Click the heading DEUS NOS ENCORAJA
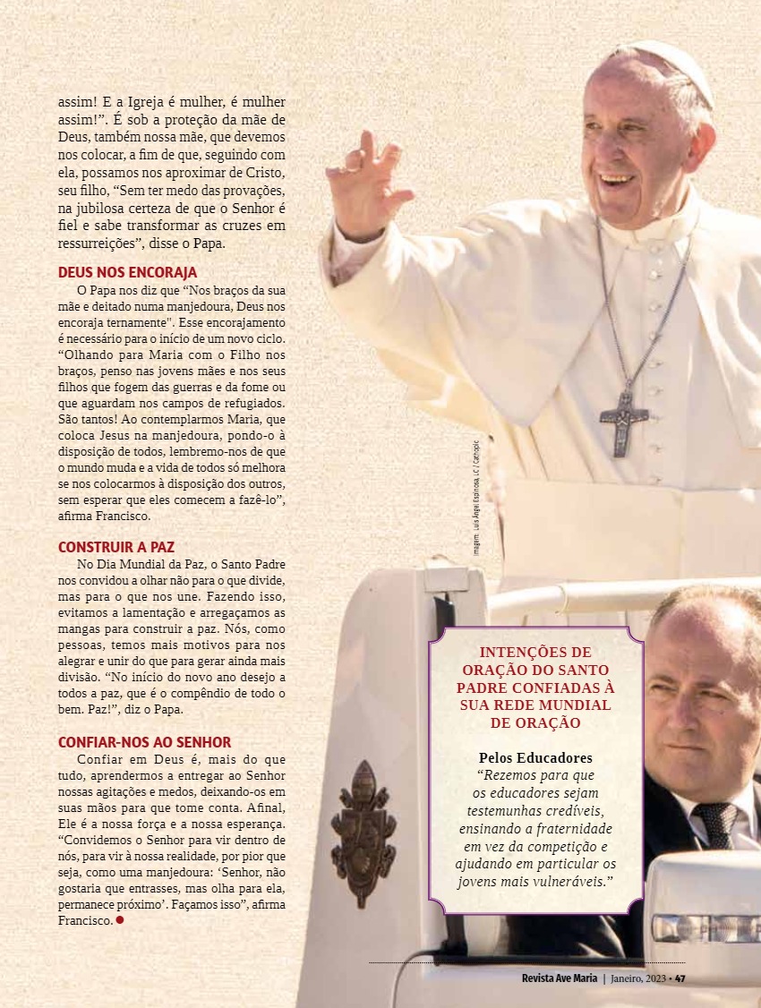click(127, 272)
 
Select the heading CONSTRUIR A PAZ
click(116, 547)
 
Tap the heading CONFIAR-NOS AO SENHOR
click(144, 742)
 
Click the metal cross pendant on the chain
click(623, 422)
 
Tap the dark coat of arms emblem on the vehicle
click(363, 833)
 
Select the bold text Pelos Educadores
click(535, 757)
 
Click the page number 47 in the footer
click(680, 978)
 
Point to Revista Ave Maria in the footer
click(559, 978)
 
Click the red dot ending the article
click(119, 920)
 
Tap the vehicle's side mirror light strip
click(704, 927)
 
